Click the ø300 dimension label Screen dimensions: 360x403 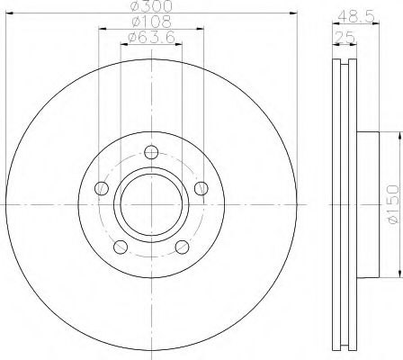coord(150,6)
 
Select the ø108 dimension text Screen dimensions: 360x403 coord(150,21)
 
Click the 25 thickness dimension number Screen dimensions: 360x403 coord(342,38)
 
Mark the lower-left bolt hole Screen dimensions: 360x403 coord(120,246)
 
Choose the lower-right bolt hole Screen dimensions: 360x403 coord(181,246)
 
